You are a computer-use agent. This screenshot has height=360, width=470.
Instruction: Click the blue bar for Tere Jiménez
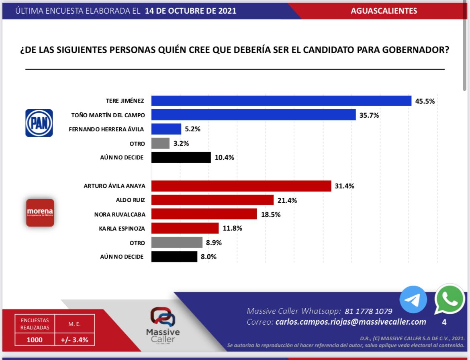(281, 101)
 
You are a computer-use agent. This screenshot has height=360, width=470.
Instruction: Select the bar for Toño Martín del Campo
(253, 115)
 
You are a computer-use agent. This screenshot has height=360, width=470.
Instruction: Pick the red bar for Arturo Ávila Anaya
(241, 186)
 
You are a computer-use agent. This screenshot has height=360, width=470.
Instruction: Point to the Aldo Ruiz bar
(212, 200)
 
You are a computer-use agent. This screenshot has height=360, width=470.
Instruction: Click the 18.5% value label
(270, 214)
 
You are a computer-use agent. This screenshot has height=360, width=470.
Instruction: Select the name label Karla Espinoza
(122, 229)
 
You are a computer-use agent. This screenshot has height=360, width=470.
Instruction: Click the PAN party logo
(39, 123)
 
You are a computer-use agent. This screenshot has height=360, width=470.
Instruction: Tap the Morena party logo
(40, 213)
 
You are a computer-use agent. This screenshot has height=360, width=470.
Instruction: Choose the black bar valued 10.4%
(181, 157)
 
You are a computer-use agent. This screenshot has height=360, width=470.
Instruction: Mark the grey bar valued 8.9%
(177, 243)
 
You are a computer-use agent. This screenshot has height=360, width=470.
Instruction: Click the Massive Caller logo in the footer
(163, 325)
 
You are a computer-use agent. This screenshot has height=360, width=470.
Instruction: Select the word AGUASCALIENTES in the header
(384, 11)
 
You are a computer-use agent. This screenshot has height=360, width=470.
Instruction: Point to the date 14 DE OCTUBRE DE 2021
(190, 11)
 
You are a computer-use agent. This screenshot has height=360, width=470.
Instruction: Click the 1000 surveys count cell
(35, 340)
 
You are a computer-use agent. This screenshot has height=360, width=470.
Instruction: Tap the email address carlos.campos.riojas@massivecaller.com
(351, 322)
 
